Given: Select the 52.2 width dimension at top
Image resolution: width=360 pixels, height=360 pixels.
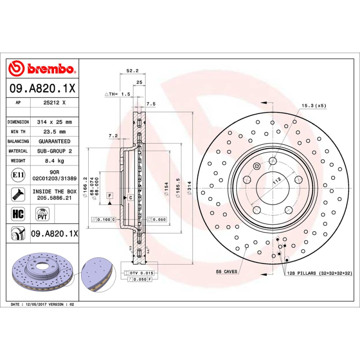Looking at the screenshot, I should (x=132, y=71).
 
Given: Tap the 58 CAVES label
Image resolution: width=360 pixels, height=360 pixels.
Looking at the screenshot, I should (x=226, y=272).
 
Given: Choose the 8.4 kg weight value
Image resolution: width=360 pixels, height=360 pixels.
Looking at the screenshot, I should (x=54, y=161).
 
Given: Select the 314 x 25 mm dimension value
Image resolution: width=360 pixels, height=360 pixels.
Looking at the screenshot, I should (x=54, y=122).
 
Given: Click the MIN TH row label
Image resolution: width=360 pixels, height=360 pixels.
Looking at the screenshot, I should (x=18, y=132).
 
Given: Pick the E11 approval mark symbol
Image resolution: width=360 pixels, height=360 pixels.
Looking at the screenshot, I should (x=18, y=175).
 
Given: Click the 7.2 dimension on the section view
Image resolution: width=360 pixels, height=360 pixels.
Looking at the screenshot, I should (x=113, y=135).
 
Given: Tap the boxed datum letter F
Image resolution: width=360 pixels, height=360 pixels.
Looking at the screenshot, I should (x=109, y=195).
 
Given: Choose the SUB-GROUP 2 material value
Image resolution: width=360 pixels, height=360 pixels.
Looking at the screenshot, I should (x=54, y=151).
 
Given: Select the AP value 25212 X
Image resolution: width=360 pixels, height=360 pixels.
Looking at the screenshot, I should (x=54, y=103).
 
